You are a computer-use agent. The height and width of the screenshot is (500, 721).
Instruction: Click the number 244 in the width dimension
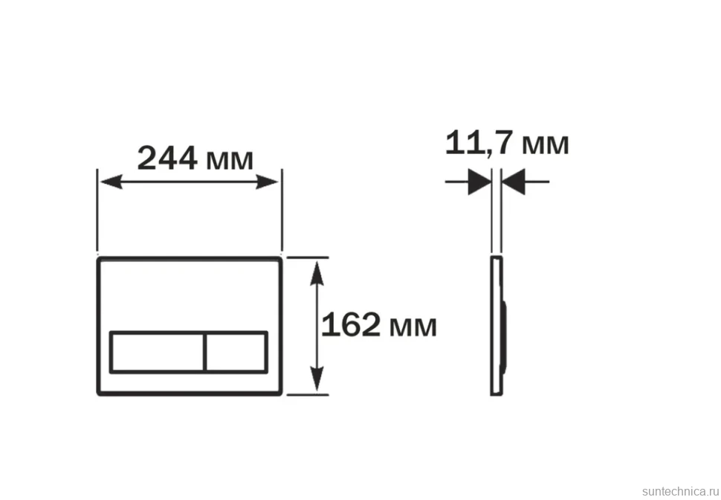tap(167, 158)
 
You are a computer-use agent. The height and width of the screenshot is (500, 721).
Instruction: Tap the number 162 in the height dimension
tap(351, 324)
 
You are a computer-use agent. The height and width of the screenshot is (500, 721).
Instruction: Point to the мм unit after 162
tap(413, 327)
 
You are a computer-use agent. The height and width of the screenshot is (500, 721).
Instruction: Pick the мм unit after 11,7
tap(546, 144)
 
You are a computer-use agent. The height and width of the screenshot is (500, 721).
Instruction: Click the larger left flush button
tap(157, 352)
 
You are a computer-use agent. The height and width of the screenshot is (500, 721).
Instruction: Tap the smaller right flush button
tap(236, 352)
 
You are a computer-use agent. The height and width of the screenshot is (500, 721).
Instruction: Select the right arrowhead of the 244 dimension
tap(267, 182)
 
